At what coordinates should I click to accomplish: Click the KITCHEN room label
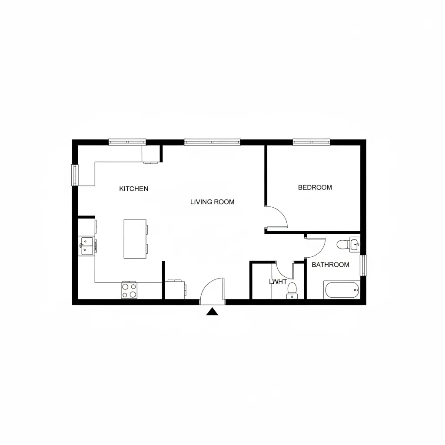click(133, 189)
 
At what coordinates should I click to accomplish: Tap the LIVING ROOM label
click(212, 202)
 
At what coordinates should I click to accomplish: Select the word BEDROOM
click(315, 187)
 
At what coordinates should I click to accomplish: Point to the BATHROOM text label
click(330, 265)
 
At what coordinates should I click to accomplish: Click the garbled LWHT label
click(278, 282)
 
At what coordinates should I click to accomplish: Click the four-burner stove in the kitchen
click(129, 290)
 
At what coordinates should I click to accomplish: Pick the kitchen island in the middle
click(136, 239)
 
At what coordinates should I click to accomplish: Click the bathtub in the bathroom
click(342, 289)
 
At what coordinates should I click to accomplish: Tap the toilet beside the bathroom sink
click(342, 244)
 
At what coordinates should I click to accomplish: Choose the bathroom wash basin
click(355, 245)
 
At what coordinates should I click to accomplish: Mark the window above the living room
click(212, 142)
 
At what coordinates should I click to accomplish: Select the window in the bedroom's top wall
click(311, 142)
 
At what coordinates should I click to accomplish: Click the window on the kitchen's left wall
click(75, 175)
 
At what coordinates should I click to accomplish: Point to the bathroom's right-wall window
click(363, 265)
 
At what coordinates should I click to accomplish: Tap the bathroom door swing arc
click(317, 247)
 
